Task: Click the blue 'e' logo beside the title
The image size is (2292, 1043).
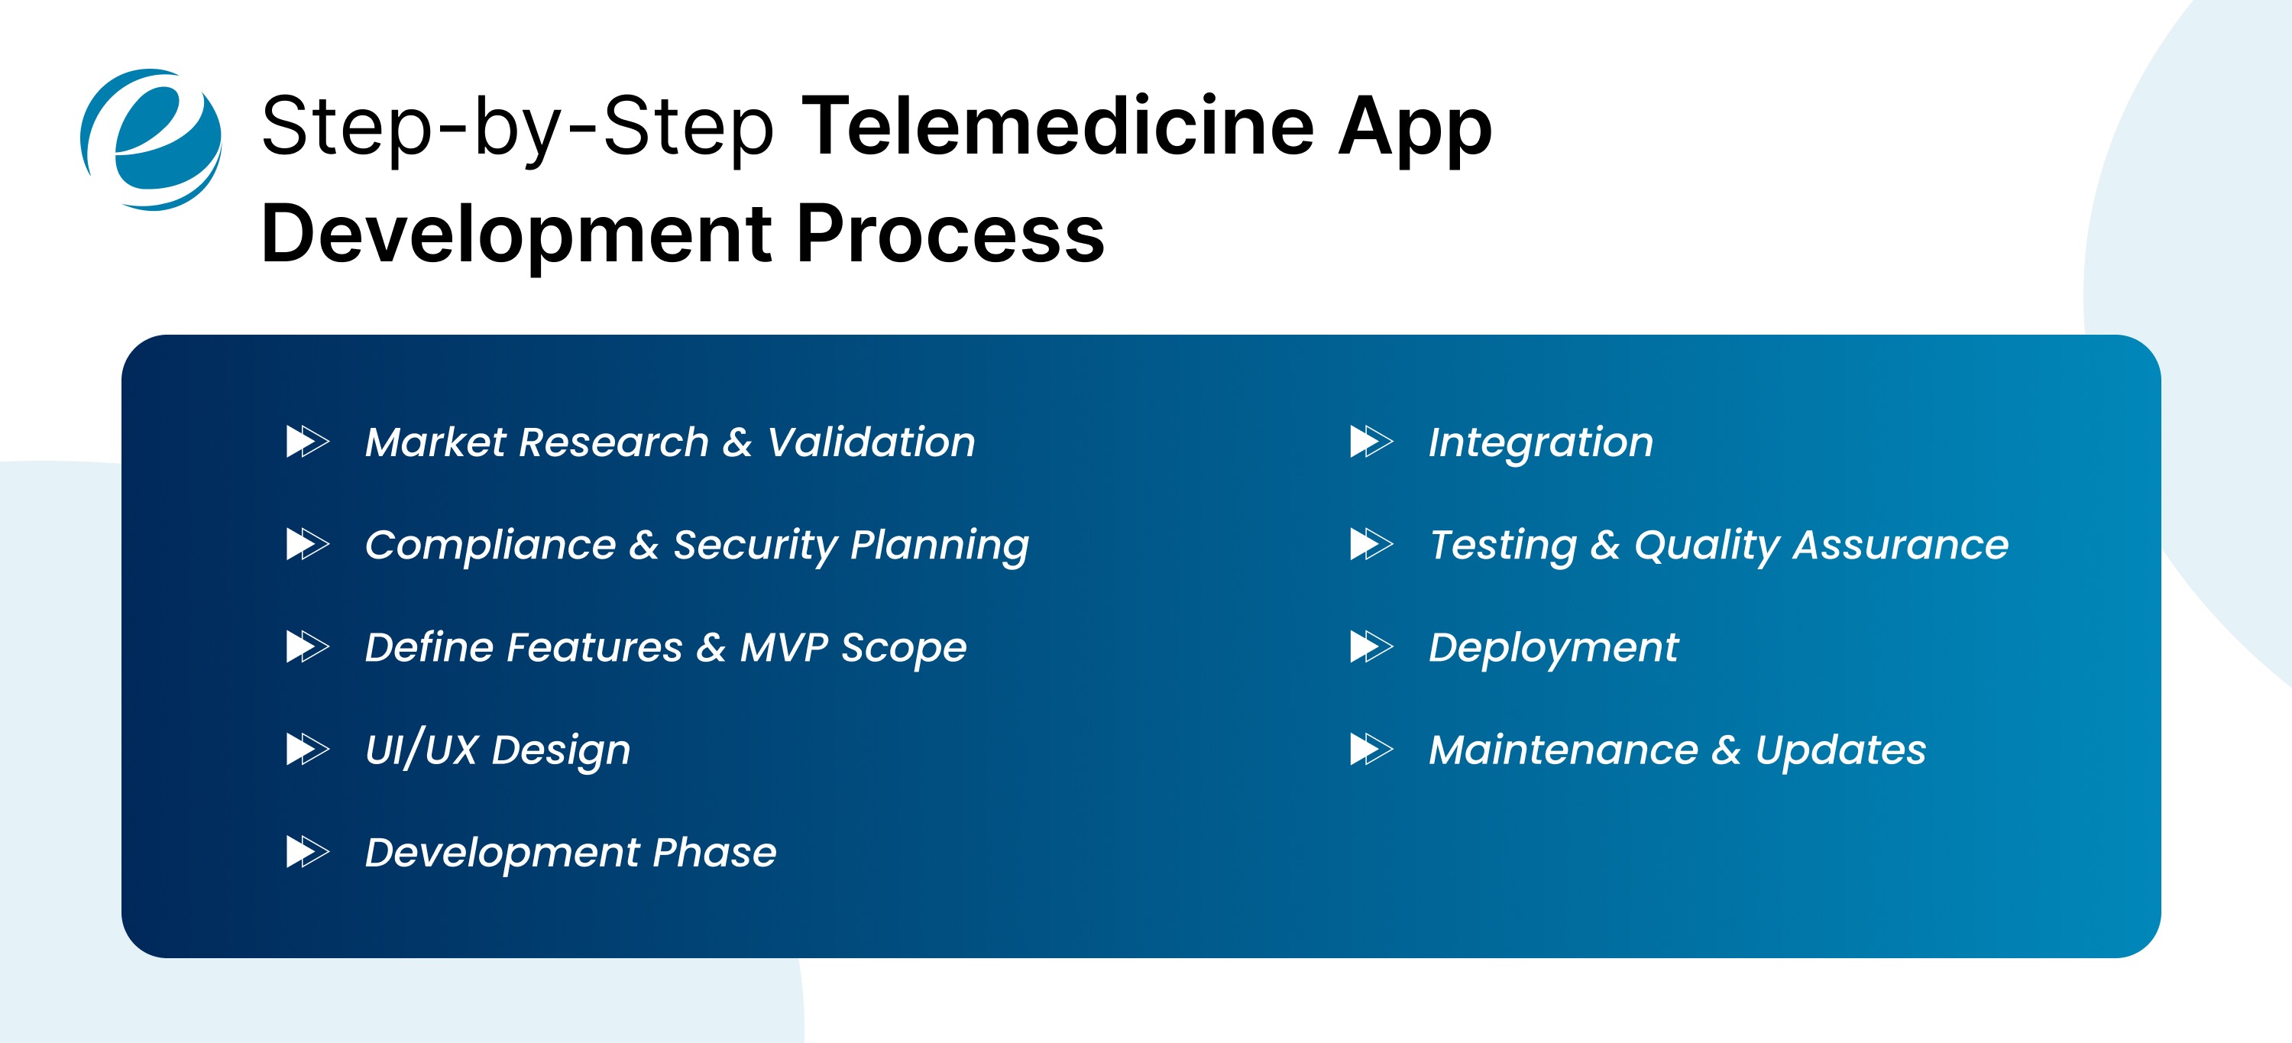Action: pos(151,140)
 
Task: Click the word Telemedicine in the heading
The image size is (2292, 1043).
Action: pos(1058,128)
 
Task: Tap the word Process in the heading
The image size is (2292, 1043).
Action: pos(950,234)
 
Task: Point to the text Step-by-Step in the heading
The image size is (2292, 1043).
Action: pos(517,128)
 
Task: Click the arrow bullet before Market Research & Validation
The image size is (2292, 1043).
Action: pos(307,442)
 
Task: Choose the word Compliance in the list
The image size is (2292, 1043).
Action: pos(490,545)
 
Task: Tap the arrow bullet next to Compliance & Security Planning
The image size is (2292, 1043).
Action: pos(307,544)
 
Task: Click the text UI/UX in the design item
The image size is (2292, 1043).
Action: pos(422,750)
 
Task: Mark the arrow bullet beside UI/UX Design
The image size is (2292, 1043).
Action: pos(307,750)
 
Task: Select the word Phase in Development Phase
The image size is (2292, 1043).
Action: pos(714,852)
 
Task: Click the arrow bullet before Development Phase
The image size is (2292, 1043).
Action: pos(307,852)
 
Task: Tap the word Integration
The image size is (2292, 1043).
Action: pos(1540,442)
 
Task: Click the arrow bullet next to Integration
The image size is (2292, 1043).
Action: pos(1371,442)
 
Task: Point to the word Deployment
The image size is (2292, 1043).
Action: pos(1552,648)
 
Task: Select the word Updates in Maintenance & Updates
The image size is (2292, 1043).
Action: pos(1840,750)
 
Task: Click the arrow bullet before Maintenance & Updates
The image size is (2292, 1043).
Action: pos(1371,750)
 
